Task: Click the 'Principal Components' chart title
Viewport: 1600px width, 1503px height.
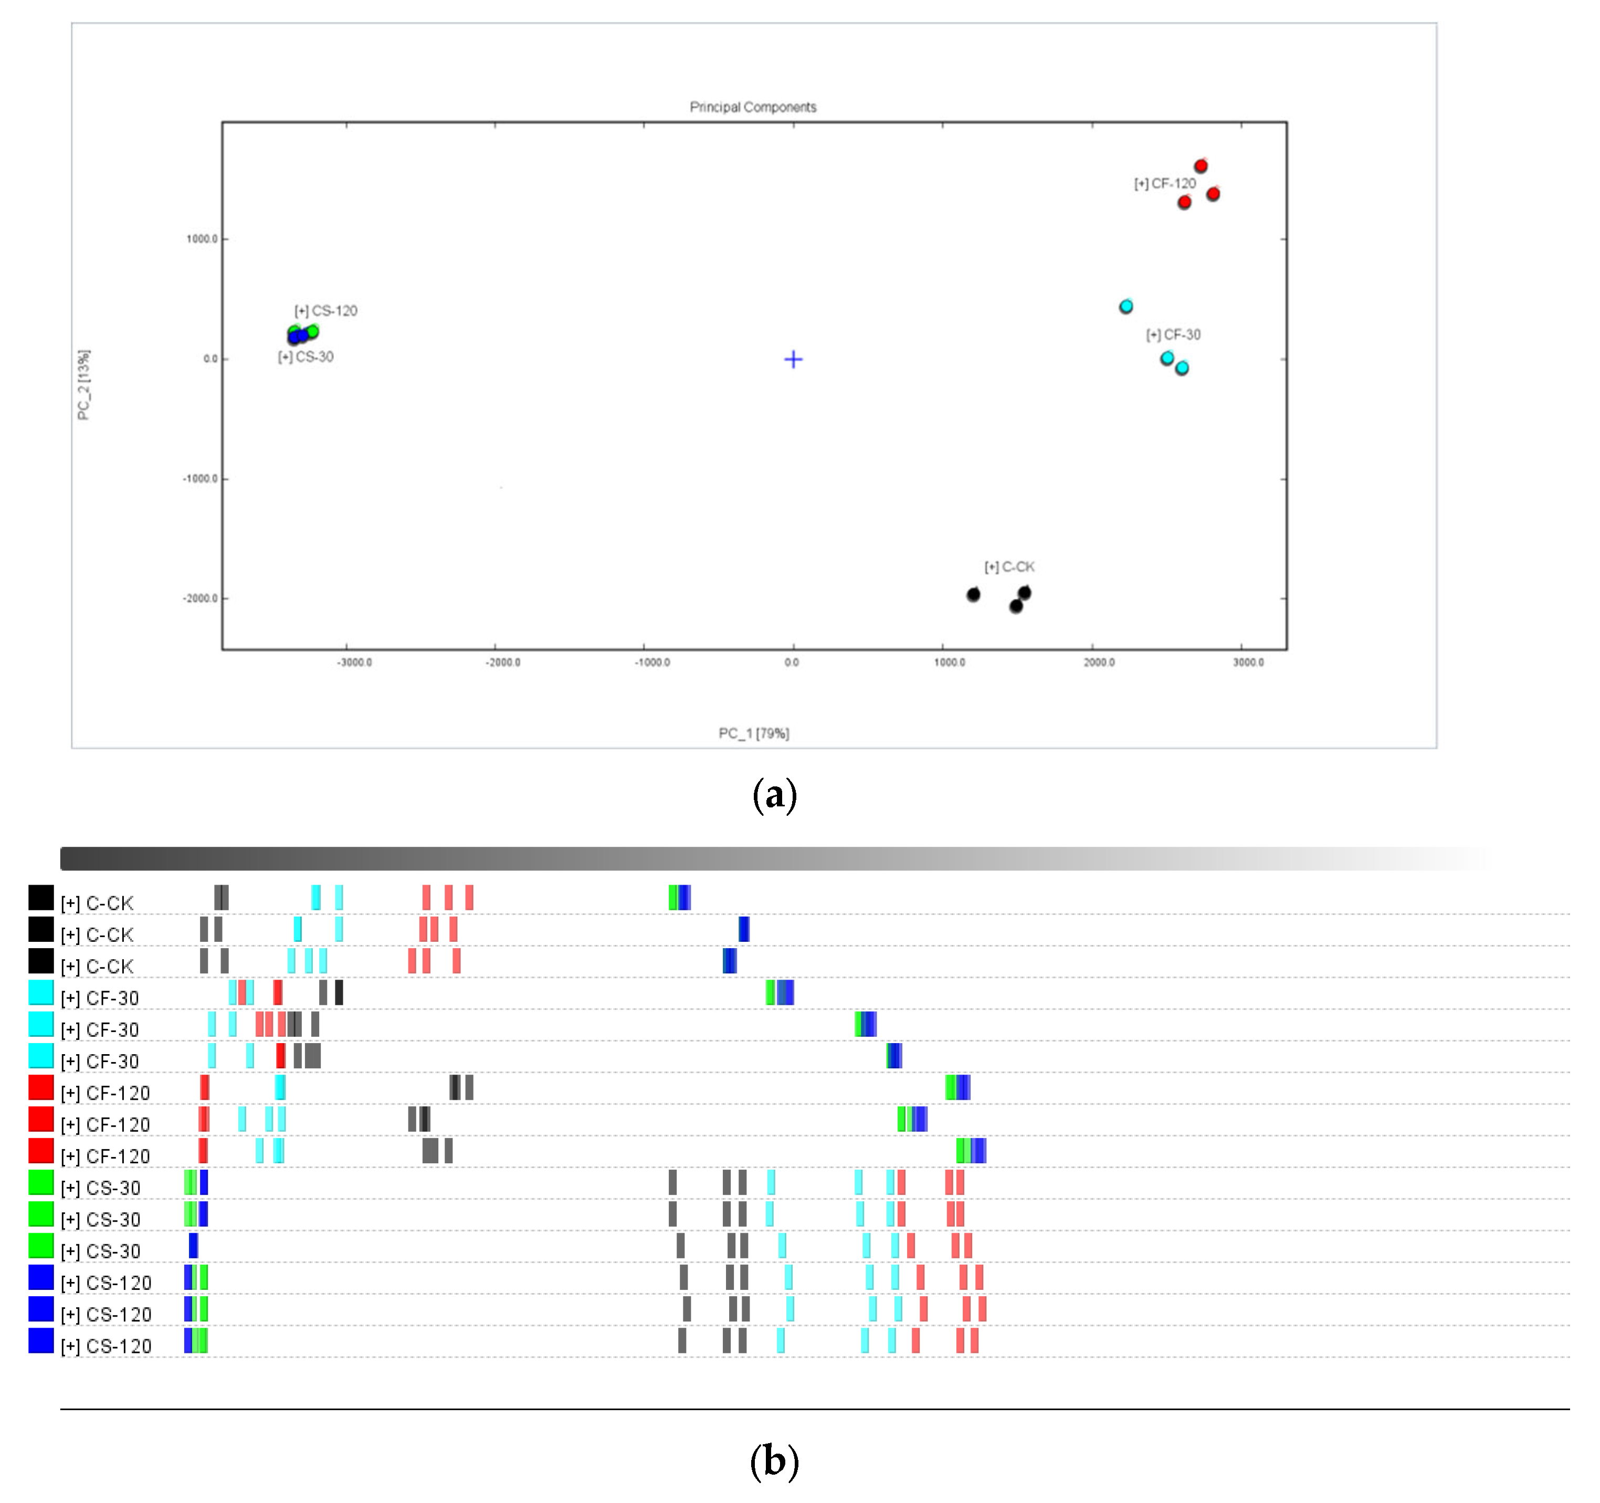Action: click(753, 107)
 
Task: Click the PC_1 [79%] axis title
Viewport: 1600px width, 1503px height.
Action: click(753, 733)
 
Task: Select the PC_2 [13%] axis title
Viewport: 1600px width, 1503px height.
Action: click(83, 385)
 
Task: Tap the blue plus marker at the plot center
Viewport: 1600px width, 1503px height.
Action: click(793, 359)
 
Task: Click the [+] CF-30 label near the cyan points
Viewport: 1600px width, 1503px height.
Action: click(1173, 335)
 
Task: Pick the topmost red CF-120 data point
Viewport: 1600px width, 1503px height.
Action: click(1200, 166)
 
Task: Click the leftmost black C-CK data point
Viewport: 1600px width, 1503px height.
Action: click(973, 595)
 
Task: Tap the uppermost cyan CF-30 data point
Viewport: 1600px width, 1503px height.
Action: click(1126, 307)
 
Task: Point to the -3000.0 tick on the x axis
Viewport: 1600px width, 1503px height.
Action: click(354, 663)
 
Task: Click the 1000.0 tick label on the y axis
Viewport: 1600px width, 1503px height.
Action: click(202, 239)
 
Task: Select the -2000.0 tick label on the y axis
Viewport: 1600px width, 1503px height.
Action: click(201, 598)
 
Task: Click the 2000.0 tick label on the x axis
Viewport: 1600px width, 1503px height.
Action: click(1099, 663)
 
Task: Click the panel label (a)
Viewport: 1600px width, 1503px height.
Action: click(774, 795)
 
